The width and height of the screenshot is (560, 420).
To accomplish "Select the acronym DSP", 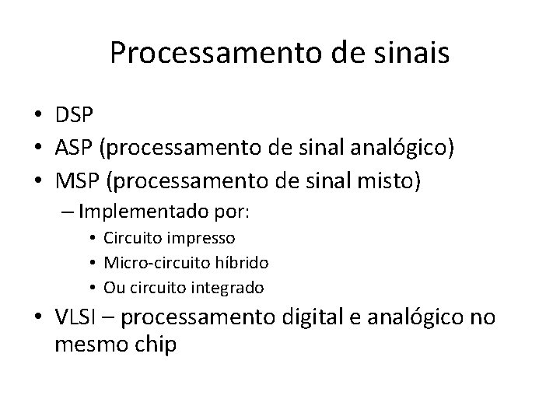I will [74, 115].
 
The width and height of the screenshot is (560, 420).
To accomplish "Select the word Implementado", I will [128, 212].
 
